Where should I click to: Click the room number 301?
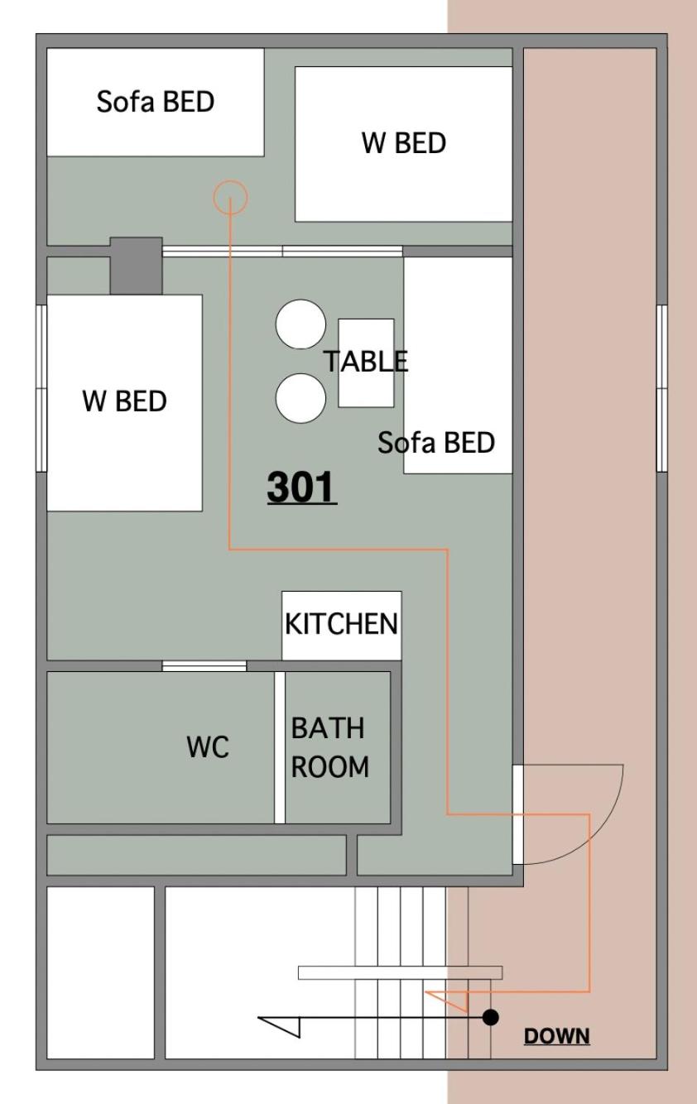(x=301, y=487)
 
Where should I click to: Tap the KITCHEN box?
(x=342, y=626)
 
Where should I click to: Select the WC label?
(x=208, y=746)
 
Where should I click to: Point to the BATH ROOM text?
(x=329, y=747)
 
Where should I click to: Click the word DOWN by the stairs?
(x=556, y=1035)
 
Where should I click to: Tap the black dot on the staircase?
(x=490, y=1017)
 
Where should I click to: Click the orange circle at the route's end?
(x=230, y=197)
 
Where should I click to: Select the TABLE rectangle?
(x=366, y=362)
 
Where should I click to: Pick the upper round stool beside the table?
(x=300, y=324)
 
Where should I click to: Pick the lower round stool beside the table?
(x=300, y=398)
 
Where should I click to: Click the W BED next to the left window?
(x=124, y=403)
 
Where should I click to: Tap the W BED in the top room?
(x=404, y=144)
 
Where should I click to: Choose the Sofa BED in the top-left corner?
(x=156, y=102)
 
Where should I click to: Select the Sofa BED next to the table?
(x=458, y=365)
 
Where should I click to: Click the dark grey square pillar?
(x=136, y=266)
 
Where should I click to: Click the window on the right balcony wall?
(x=662, y=388)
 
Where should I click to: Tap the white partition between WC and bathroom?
(x=280, y=747)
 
